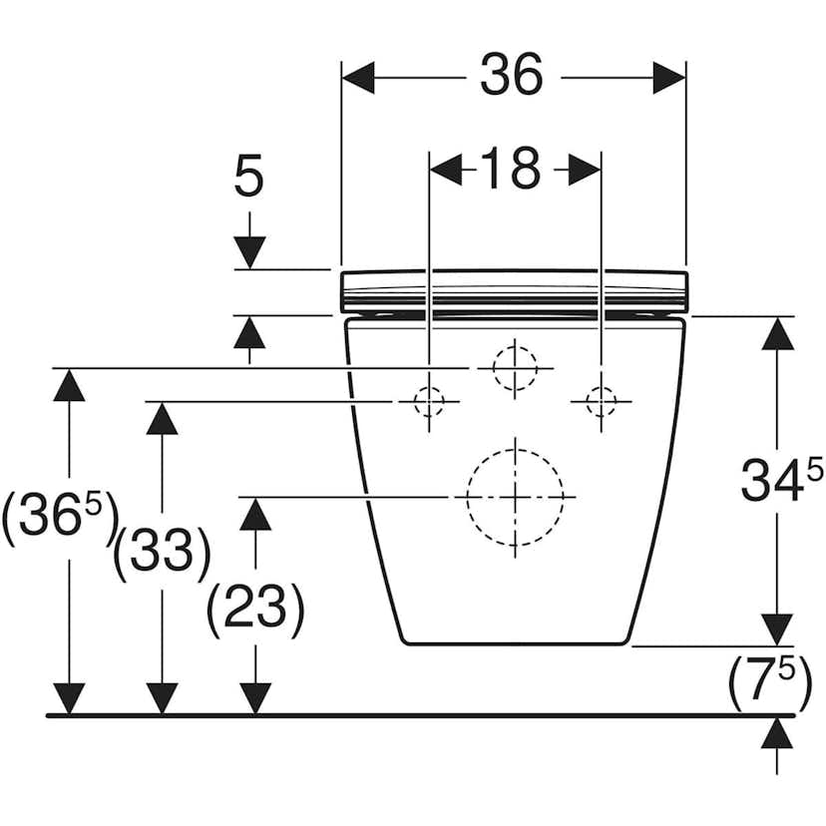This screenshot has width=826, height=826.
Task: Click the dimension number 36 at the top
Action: [x=512, y=76]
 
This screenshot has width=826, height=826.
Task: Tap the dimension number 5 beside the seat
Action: [x=248, y=178]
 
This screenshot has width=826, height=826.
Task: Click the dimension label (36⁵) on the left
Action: [x=60, y=519]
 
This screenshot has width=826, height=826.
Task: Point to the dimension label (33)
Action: [x=162, y=552]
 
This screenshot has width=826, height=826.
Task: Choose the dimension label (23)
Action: [x=255, y=608]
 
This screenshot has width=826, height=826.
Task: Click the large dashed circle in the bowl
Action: [x=515, y=495]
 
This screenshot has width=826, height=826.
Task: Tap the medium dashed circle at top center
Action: [x=515, y=368]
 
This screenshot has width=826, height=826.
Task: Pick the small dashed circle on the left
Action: [x=429, y=402]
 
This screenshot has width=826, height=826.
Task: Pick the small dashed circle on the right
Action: [x=601, y=402]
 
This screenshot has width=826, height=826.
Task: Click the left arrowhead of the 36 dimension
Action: [x=358, y=77]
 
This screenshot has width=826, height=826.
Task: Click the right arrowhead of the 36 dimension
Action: [x=669, y=77]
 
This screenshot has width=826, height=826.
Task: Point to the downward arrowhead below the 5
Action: [x=248, y=252]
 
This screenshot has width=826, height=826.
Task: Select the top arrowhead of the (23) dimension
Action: [x=256, y=513]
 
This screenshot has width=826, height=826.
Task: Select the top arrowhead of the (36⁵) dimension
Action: [x=69, y=384]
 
